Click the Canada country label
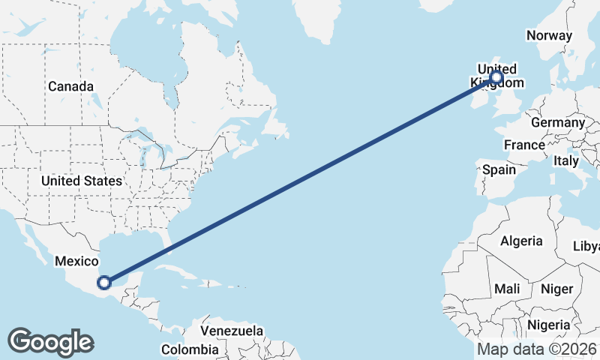pos(71,86)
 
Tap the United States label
pos(81,181)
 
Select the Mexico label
pos(76,261)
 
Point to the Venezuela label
pos(232,331)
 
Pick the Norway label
pos(549,35)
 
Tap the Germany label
pos(557,122)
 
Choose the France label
pos(524,145)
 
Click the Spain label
pos(499,169)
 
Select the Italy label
pos(566,161)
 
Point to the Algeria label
pos(521,241)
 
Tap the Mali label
pos(507,289)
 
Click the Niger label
pos(556,289)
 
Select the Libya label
pos(586,246)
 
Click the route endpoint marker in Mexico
pos(104,283)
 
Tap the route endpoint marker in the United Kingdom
pos(496,77)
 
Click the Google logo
pos(50,342)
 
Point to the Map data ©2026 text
pos(537,349)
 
